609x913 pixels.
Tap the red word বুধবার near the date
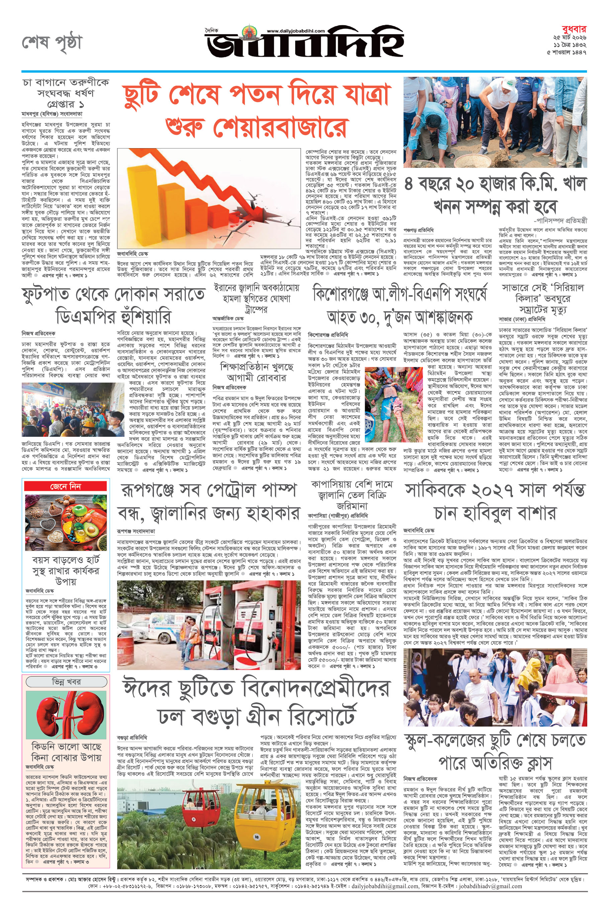pos(574,29)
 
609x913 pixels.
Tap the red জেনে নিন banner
pos(65,486)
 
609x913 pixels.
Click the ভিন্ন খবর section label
pos(66,682)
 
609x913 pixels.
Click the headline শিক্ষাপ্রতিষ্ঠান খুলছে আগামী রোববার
pos(256,372)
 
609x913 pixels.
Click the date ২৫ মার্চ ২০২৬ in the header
pos(570,38)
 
